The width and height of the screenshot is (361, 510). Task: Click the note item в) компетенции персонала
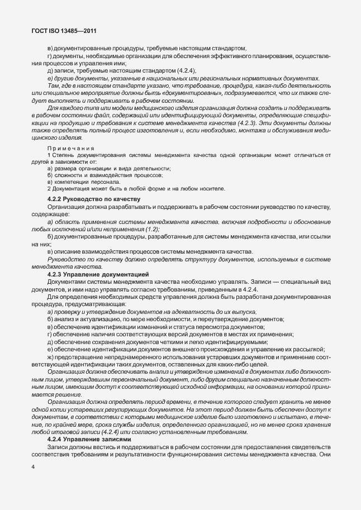(83, 182)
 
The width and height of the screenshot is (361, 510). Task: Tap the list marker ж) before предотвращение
(51, 356)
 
